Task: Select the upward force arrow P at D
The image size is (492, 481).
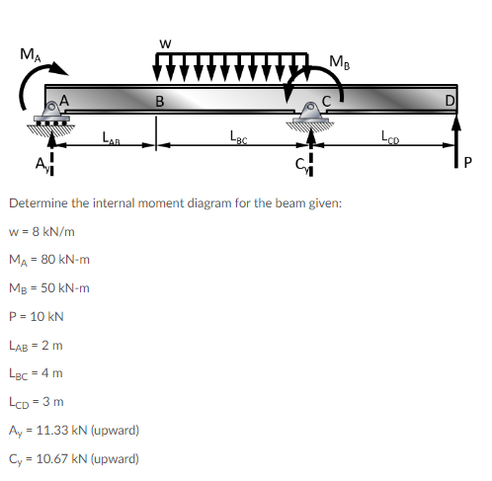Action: pos(456,144)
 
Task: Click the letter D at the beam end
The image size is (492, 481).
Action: pos(450,100)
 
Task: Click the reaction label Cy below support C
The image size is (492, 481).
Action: pos(299,165)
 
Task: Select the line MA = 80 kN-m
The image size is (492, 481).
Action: pos(49,260)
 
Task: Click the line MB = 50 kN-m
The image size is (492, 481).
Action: pos(49,288)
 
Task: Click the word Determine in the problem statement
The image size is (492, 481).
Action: pos(36,203)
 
